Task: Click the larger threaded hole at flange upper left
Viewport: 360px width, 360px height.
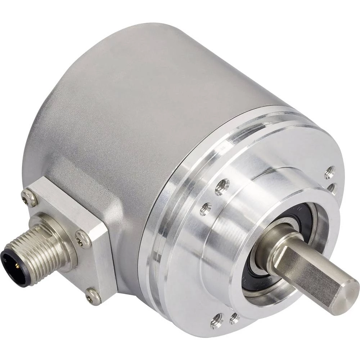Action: click(222, 186)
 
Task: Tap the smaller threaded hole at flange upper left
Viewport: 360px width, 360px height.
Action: click(206, 209)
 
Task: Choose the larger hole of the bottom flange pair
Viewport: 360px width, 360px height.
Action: click(217, 320)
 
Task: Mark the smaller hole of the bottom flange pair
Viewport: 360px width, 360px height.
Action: click(234, 317)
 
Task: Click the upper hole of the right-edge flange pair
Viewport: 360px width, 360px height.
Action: click(329, 172)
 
